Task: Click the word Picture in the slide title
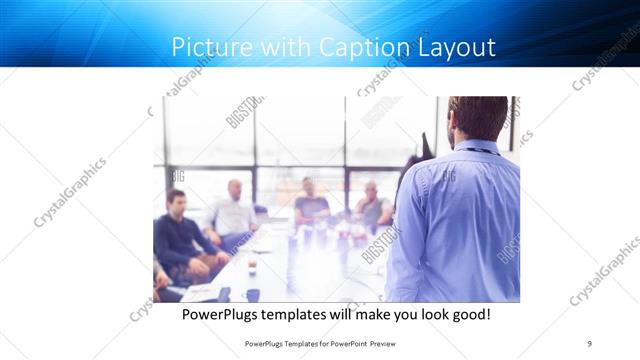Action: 204,47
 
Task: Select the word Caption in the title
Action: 361,47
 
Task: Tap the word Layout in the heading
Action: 453,47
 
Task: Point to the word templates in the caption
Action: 309,314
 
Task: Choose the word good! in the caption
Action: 468,314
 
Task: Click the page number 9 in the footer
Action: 590,343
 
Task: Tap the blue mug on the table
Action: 253,295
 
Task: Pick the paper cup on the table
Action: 252,267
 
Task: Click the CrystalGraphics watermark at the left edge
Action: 70,192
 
